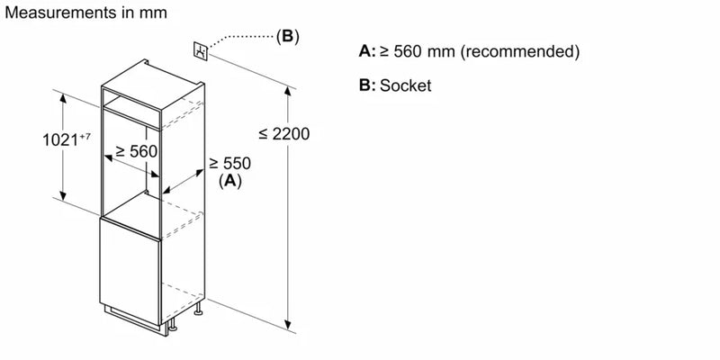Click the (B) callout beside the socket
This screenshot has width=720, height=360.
click(287, 37)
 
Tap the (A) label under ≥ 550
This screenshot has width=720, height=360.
click(230, 181)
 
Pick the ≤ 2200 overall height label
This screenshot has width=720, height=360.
click(283, 134)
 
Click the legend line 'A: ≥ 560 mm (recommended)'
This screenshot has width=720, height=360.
click(468, 52)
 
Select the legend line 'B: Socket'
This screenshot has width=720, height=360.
click(394, 86)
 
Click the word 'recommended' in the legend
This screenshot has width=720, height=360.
click(522, 52)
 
